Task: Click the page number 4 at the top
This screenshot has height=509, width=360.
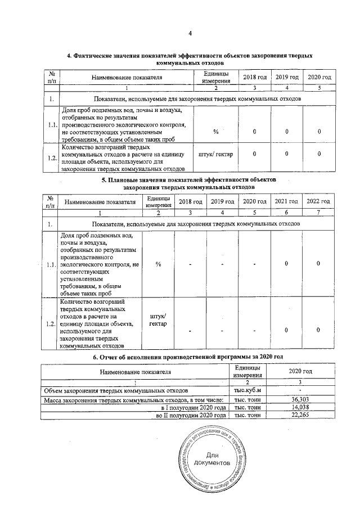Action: (x=190, y=35)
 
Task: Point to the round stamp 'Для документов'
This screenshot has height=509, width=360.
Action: (x=211, y=458)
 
